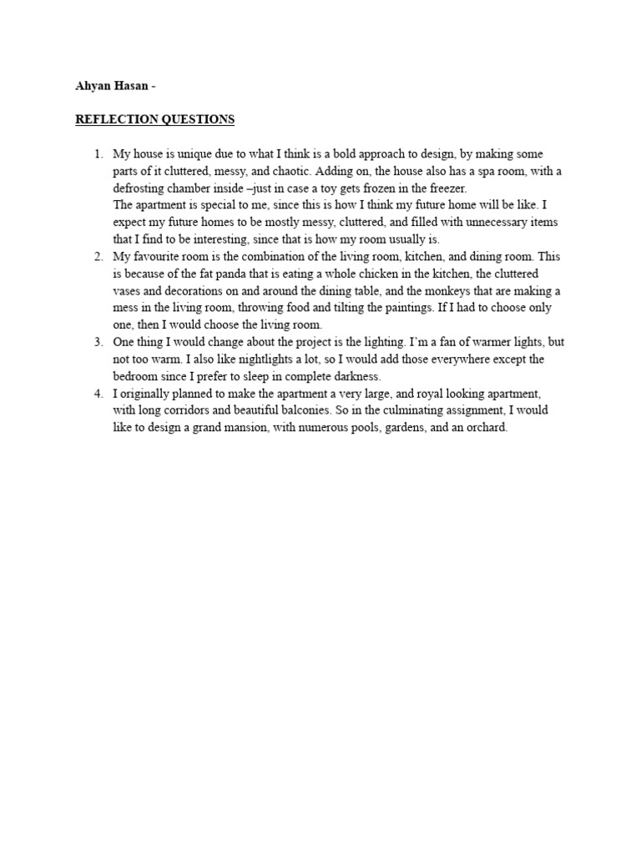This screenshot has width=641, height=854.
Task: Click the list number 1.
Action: (98, 154)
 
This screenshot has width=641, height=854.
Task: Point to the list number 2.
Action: (98, 256)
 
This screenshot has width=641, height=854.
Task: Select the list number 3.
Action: (98, 342)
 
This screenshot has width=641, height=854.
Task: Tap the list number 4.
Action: (98, 393)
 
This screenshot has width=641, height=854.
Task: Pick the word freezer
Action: (447, 188)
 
